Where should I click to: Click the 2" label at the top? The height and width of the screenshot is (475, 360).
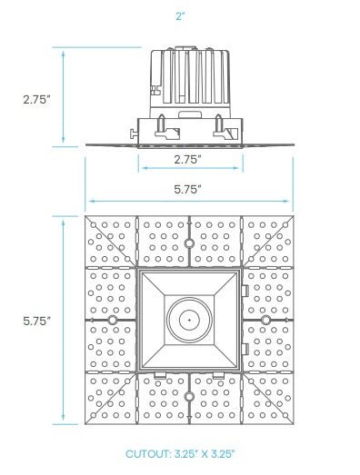180,16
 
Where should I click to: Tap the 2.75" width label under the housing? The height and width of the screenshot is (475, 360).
187,158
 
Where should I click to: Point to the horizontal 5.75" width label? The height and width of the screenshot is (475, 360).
187,189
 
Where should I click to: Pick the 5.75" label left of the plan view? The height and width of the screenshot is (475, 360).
37,321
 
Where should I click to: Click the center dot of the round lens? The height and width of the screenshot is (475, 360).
188,320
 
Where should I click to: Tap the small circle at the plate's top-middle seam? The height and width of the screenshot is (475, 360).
188,243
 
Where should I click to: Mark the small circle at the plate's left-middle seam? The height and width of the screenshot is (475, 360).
112,321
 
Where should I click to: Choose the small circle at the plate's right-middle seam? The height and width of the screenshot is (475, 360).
265,321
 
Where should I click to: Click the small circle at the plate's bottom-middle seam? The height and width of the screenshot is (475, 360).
188,397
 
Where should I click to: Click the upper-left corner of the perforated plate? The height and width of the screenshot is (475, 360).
86,218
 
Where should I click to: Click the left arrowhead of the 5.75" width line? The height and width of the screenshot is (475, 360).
88,201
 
